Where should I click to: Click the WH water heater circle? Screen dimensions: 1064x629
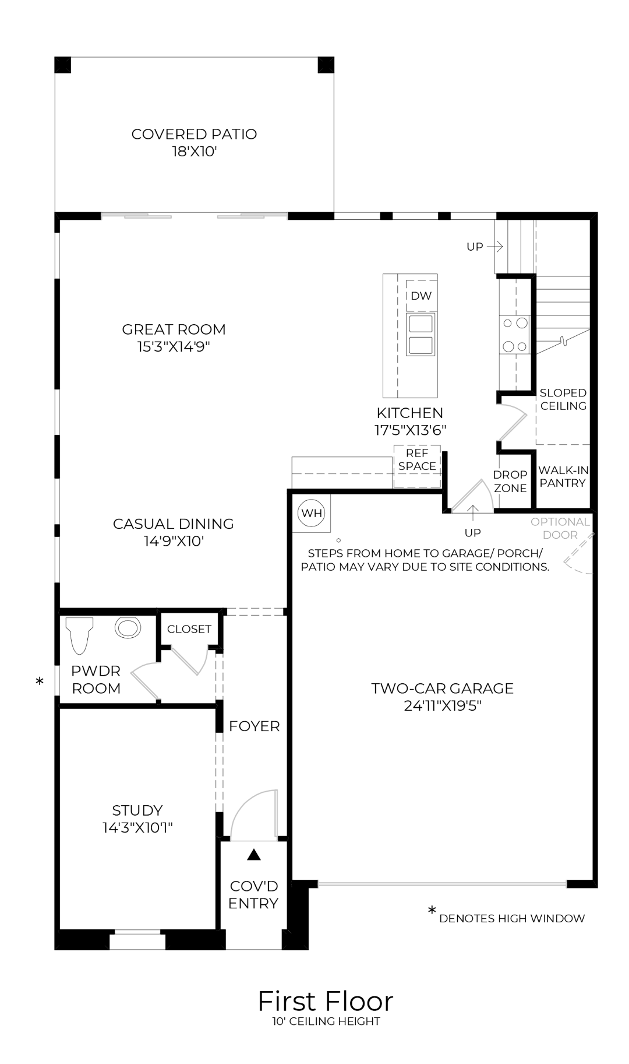click(312, 513)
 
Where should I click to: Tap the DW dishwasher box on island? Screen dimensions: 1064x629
click(421, 296)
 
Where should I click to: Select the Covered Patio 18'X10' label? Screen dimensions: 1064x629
click(194, 143)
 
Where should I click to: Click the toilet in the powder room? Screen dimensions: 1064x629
click(80, 635)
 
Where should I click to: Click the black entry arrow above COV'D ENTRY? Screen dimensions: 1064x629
click(253, 855)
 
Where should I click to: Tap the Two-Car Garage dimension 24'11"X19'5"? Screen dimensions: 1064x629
click(442, 706)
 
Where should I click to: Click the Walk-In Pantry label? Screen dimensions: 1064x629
click(563, 476)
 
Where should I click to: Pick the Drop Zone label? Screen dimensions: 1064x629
click(510, 482)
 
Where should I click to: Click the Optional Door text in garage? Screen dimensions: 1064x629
click(560, 528)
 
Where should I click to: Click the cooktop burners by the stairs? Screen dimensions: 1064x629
click(514, 335)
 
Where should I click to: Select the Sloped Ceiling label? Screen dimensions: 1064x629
click(563, 399)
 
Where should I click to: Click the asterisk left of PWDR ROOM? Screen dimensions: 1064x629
click(40, 681)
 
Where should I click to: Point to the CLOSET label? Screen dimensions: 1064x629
click(189, 629)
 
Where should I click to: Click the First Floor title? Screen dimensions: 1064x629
click(325, 1002)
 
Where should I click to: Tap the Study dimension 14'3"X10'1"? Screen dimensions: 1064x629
click(137, 827)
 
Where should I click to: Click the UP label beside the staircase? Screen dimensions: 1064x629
click(475, 247)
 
